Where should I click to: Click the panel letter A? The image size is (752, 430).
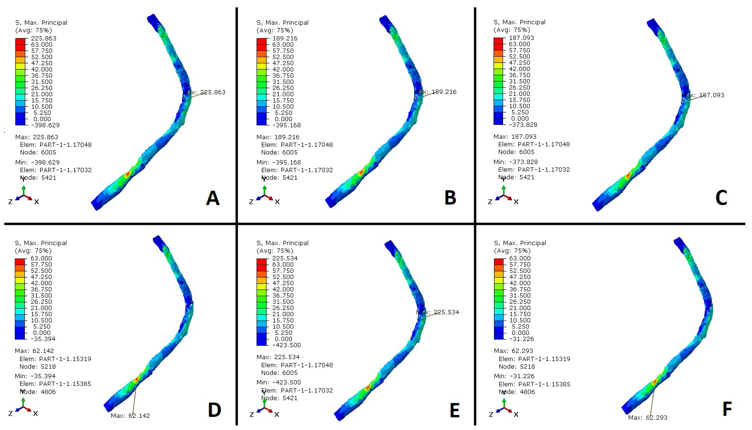coord(213,198)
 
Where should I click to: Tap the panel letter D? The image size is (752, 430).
coord(214,410)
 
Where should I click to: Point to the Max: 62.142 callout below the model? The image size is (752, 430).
coord(130,416)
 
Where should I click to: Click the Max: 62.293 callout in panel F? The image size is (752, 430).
coord(648,418)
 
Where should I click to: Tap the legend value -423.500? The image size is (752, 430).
coord(286,345)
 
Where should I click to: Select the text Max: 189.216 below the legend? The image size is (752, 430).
coord(278,137)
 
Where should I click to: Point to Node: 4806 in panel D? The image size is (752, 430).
coord(38,392)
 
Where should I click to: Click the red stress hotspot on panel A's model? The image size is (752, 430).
coord(127,174)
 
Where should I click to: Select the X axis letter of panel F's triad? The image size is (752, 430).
coord(516,414)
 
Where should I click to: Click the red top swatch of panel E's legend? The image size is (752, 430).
coord(261,262)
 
